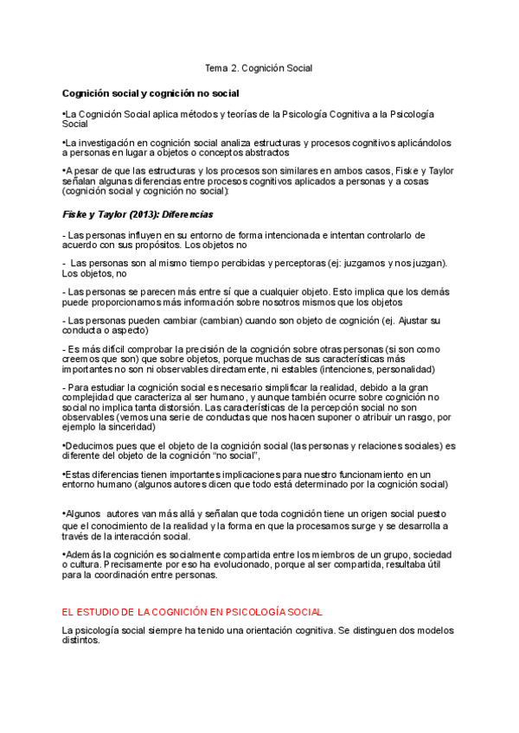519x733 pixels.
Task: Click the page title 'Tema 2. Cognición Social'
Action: pos(258,67)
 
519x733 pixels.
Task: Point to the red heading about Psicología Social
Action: pos(192,611)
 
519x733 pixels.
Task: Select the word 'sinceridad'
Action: pos(129,426)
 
